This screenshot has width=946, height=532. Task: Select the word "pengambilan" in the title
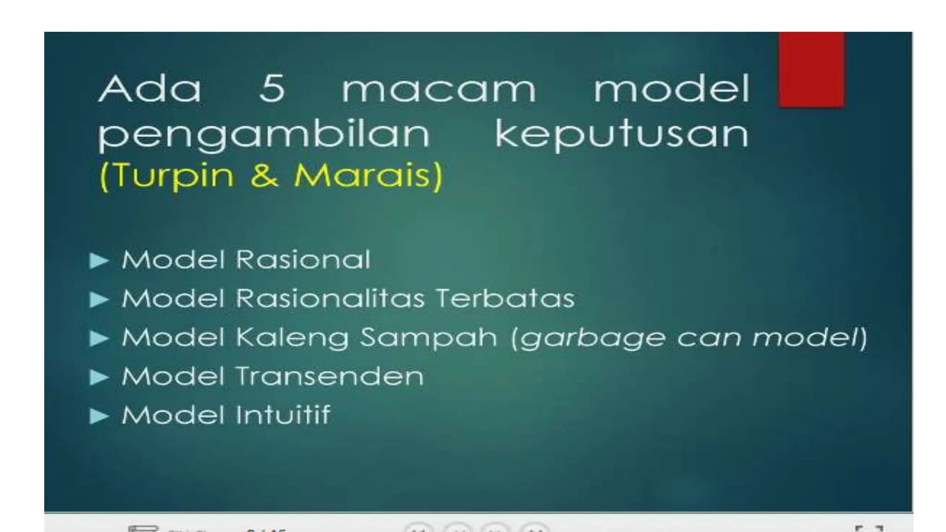click(x=264, y=134)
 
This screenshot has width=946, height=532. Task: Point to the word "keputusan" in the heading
click(x=622, y=134)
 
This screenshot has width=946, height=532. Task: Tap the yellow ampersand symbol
click(x=264, y=176)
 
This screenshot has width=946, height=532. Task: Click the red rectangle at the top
click(x=812, y=69)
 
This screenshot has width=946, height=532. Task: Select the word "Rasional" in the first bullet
click(x=303, y=260)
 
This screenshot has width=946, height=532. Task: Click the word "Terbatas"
click(x=505, y=298)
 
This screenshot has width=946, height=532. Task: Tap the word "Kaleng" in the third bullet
click(x=292, y=338)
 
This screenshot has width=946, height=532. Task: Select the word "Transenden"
click(x=330, y=376)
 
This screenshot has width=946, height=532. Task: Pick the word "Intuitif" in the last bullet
click(x=283, y=415)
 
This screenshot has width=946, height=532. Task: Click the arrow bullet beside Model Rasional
click(x=99, y=260)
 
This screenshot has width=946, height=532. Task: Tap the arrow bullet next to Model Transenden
click(x=99, y=377)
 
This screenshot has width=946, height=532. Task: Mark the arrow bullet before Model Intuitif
click(x=99, y=416)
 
